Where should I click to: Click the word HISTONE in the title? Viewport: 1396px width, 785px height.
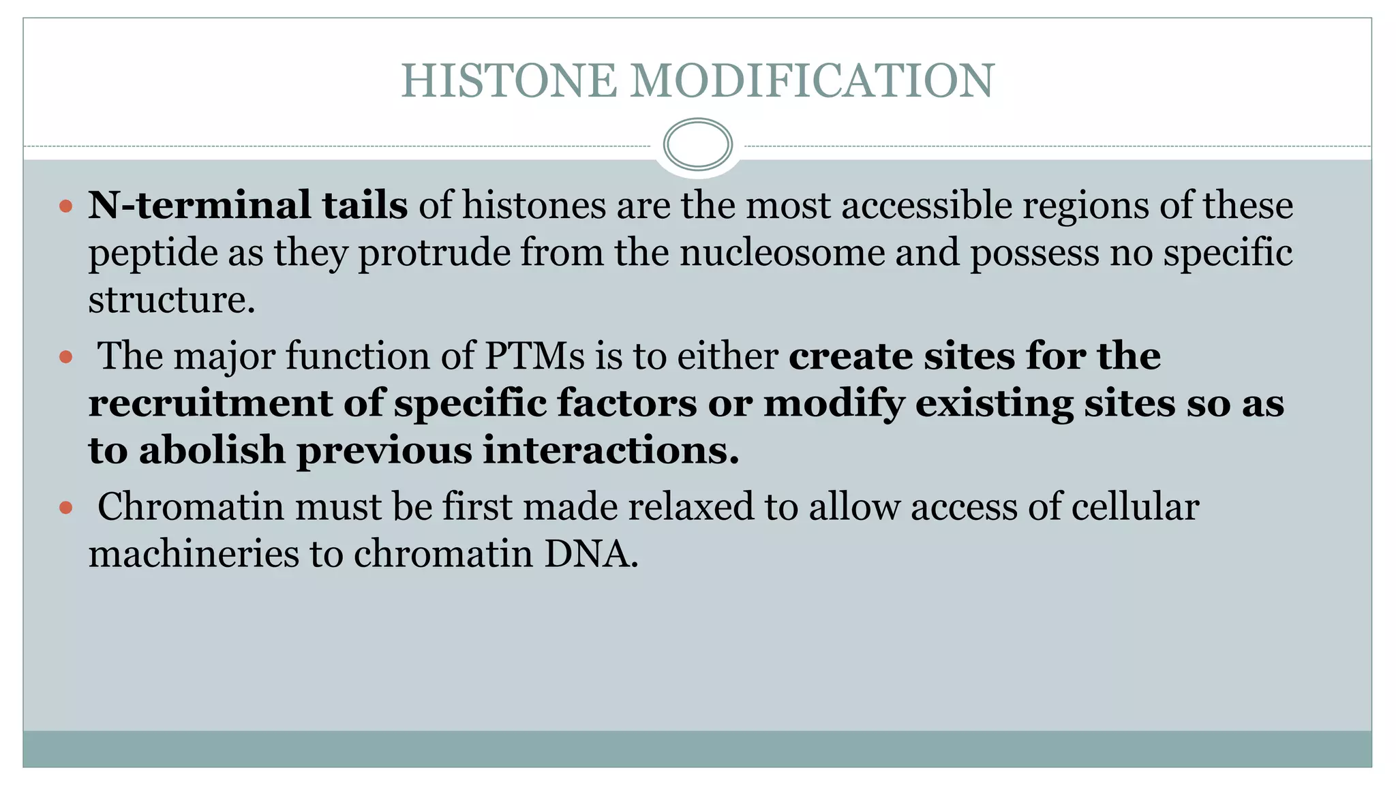click(x=509, y=80)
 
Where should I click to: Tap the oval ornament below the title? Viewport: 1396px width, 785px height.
click(x=697, y=144)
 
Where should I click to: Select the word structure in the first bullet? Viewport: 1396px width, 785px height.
click(x=171, y=300)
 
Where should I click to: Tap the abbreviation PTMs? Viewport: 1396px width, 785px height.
click(x=534, y=356)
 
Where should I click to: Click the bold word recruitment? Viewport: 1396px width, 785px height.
click(x=210, y=403)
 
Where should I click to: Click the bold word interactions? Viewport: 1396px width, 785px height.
click(x=611, y=450)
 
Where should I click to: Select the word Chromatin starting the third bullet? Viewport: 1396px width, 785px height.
click(x=190, y=506)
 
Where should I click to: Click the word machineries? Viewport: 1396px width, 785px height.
click(x=194, y=553)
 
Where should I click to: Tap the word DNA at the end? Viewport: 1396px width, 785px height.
click(x=590, y=553)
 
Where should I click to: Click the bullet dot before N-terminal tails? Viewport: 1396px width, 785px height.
click(x=65, y=206)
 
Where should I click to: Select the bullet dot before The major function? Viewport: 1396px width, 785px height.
click(x=65, y=356)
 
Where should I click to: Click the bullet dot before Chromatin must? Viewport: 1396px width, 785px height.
click(x=65, y=507)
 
